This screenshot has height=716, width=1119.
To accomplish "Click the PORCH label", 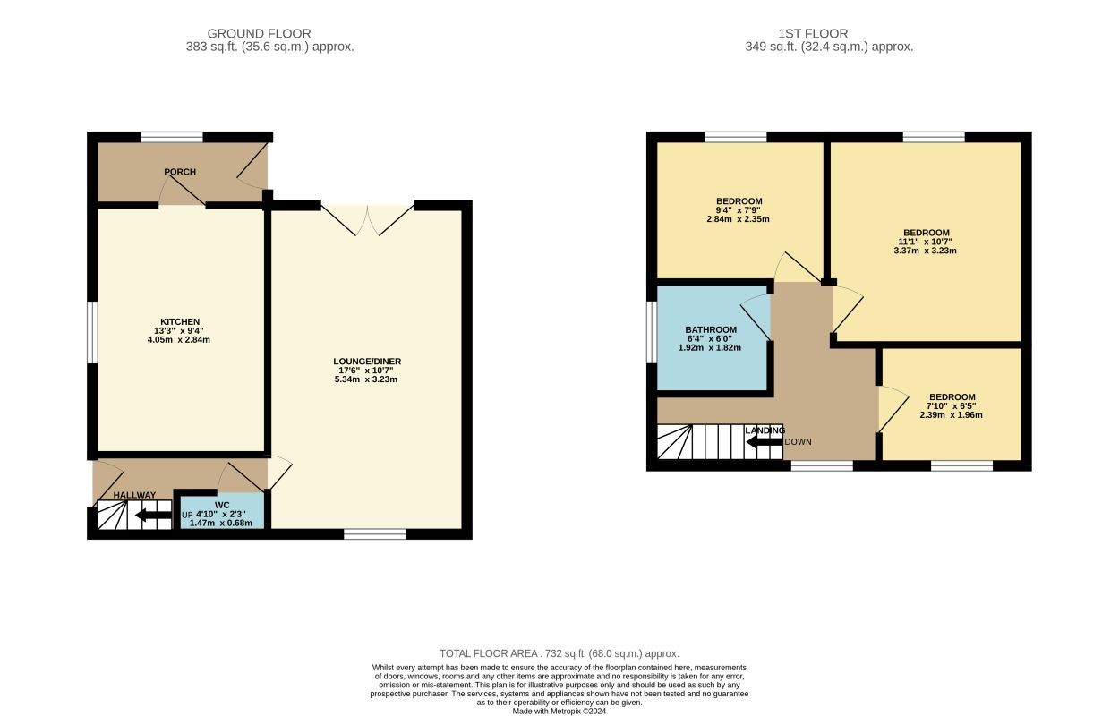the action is point(180,172).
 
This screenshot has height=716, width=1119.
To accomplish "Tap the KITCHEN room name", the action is point(180,322).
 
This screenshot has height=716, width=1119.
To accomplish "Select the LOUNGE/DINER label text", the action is point(367,362).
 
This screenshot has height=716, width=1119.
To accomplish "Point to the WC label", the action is point(222,506).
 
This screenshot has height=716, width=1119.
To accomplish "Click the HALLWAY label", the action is point(134,495).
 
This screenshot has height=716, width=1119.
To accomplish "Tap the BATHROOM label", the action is point(711,330).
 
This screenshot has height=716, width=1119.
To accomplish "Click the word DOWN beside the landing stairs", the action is point(798,442).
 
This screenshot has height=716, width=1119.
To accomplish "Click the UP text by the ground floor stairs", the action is point(187,515).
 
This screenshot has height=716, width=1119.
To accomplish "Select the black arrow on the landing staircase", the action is point(765,442).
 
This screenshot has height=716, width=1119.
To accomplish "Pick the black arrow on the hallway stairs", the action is point(153,515).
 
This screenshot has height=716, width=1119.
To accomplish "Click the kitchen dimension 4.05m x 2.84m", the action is point(179,340).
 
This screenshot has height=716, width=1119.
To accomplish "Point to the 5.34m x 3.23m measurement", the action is point(366,379).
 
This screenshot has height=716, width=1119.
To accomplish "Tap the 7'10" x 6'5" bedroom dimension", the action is point(951,406).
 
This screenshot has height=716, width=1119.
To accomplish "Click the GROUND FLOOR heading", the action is point(260,33).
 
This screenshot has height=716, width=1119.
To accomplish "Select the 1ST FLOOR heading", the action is point(813,33).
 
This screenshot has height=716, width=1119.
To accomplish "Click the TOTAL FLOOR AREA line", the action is point(559,653).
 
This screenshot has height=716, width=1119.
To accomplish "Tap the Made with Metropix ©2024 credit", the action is point(559,712).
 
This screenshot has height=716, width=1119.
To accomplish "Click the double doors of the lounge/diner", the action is point(367,219).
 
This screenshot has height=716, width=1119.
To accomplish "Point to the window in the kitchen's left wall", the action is point(92,332).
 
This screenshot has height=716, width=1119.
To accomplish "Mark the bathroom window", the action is point(652,332).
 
